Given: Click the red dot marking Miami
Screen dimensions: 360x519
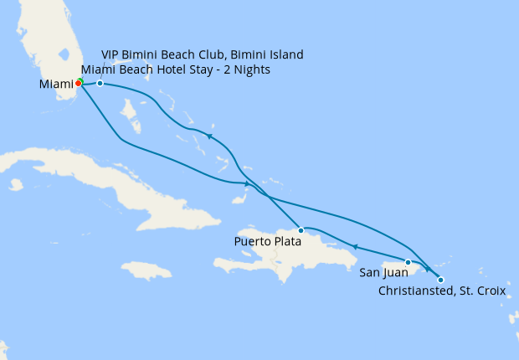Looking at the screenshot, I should (x=78, y=83).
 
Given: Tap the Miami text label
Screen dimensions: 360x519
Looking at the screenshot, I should (x=56, y=85).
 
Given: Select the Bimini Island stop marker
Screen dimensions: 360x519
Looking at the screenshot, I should (x=100, y=83).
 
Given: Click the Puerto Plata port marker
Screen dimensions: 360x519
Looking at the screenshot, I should (x=301, y=229).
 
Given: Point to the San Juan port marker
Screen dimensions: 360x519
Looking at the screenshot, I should (x=408, y=262).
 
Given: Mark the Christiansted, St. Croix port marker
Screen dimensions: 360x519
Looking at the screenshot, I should (x=440, y=280).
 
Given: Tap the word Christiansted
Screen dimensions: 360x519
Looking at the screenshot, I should (x=418, y=291).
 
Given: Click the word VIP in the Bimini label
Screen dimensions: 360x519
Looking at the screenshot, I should (x=111, y=54).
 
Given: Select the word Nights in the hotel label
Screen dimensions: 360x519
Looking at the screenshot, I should (x=249, y=69).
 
